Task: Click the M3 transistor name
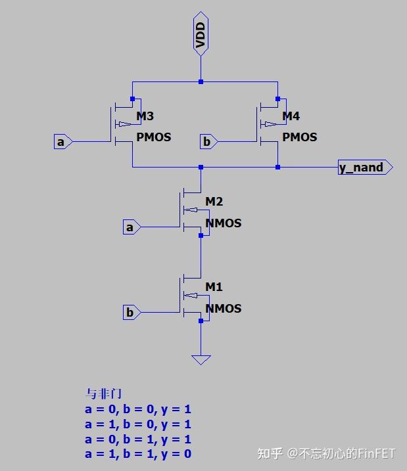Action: coord(145,116)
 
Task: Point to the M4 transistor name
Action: coord(291,116)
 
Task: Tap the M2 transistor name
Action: coord(214,201)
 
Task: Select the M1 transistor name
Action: coord(214,286)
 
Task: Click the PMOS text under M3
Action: coord(153,137)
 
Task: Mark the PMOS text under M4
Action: coord(299,137)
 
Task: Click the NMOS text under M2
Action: coord(224,223)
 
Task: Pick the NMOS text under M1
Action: coord(224,308)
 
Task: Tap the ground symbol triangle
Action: coord(201,359)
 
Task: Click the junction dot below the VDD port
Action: coord(201,81)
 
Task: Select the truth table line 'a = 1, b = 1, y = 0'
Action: coord(138,453)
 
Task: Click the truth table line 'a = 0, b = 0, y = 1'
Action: coord(138,409)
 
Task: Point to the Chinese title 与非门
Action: coord(99,394)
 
